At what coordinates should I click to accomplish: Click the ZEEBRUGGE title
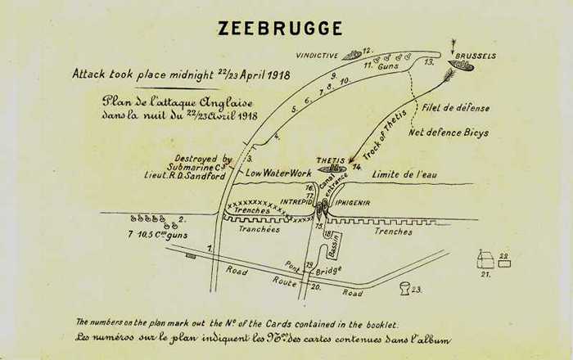click(x=280, y=28)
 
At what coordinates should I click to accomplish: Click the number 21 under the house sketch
click(x=485, y=274)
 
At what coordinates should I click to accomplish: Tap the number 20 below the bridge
click(x=316, y=286)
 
